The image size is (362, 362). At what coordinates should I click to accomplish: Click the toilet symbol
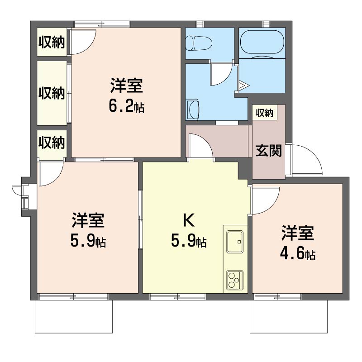(199, 43)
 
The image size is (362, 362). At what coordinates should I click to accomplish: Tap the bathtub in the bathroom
(262, 42)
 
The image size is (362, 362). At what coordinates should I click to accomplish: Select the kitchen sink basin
(235, 242)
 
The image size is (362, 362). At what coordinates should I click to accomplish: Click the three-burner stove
(235, 280)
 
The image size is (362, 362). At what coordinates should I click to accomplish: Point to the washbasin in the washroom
(193, 110)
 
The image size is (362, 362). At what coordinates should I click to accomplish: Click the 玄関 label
(268, 151)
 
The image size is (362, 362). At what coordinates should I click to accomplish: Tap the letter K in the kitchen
(189, 220)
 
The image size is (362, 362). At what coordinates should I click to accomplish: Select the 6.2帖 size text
(127, 107)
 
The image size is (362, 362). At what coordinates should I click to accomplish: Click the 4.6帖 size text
(298, 254)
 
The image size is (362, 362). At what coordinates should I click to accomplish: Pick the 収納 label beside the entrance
(264, 113)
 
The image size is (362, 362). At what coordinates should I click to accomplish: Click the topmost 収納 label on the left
(52, 42)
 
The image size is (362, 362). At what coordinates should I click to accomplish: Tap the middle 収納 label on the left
(52, 93)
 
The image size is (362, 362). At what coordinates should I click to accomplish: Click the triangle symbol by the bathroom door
(243, 86)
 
